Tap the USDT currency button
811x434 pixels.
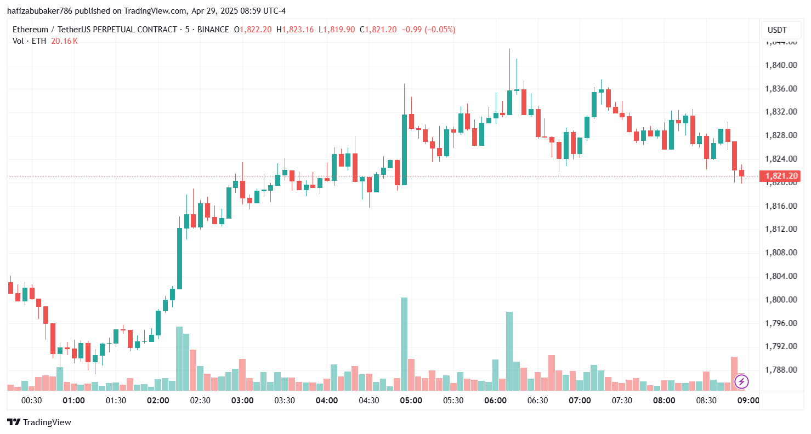coord(777,30)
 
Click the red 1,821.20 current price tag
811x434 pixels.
coord(779,176)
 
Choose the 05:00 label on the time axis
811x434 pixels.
coord(411,401)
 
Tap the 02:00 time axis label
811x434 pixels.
coord(158,401)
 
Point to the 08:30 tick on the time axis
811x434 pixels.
coord(706,401)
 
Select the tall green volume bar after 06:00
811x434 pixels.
coord(509,351)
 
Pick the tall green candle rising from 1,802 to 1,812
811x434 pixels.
coord(179,258)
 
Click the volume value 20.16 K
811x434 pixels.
coord(64,41)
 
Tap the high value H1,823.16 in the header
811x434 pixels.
coord(295,30)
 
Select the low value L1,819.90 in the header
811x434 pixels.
coord(337,30)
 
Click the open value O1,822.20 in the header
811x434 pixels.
coord(253,30)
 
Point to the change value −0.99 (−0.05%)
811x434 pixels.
coord(429,30)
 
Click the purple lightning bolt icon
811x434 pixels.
coord(741,381)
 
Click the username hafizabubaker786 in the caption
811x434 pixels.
coord(40,11)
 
